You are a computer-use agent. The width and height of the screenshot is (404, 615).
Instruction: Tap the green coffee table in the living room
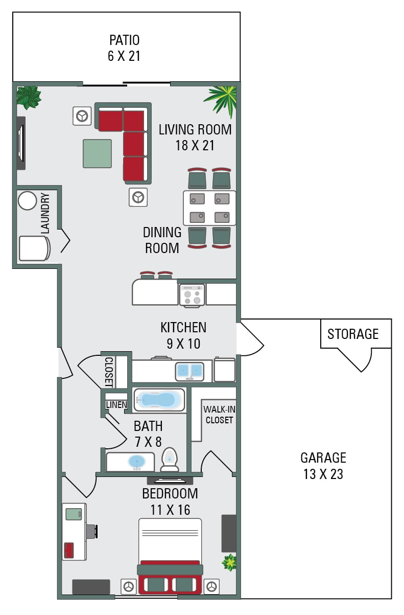point(97,153)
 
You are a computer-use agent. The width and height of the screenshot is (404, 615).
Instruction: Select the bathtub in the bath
point(159,400)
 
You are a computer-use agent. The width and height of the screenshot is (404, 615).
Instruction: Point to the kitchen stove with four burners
point(192,295)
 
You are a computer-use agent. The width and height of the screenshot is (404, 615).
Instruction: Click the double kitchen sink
point(189,371)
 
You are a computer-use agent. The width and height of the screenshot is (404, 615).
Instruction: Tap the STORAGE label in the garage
point(353,334)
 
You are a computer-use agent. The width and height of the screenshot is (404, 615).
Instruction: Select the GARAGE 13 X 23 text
point(323,466)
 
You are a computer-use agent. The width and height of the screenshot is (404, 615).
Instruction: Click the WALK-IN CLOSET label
point(219,415)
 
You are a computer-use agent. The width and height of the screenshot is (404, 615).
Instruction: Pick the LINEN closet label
point(116,405)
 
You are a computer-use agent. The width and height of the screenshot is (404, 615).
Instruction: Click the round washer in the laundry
point(27,201)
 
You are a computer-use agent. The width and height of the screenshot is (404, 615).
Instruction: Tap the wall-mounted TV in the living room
point(20,143)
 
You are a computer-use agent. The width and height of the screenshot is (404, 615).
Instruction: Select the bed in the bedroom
point(170,556)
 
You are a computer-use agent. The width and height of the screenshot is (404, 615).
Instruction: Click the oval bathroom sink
point(137,462)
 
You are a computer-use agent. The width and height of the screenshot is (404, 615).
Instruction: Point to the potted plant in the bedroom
point(229,562)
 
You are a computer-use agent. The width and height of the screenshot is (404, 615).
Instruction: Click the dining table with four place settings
point(210,208)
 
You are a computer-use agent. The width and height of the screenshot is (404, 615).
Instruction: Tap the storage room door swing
point(358,360)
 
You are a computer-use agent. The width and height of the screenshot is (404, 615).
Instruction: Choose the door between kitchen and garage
point(251,338)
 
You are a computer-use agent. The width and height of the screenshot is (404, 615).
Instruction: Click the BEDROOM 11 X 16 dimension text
point(170,502)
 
